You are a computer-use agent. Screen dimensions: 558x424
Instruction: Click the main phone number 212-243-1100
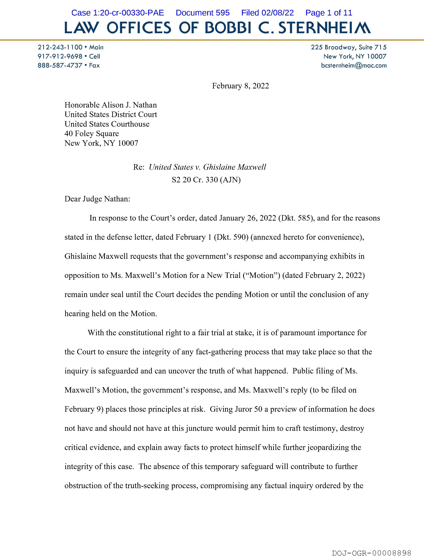[60, 47]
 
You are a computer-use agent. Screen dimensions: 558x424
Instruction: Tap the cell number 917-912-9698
[60, 56]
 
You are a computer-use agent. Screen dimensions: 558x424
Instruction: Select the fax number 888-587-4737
[60, 65]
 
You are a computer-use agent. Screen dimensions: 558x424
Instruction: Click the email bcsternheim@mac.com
[354, 65]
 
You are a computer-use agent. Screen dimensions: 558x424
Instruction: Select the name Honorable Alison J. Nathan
[111, 105]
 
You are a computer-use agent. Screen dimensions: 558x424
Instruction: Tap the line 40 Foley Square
[92, 133]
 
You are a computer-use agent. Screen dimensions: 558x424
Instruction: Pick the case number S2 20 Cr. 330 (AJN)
[206, 180]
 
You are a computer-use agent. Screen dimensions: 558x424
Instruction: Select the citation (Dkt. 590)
[231, 237]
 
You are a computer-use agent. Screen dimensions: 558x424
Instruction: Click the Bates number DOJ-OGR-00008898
[371, 553]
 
